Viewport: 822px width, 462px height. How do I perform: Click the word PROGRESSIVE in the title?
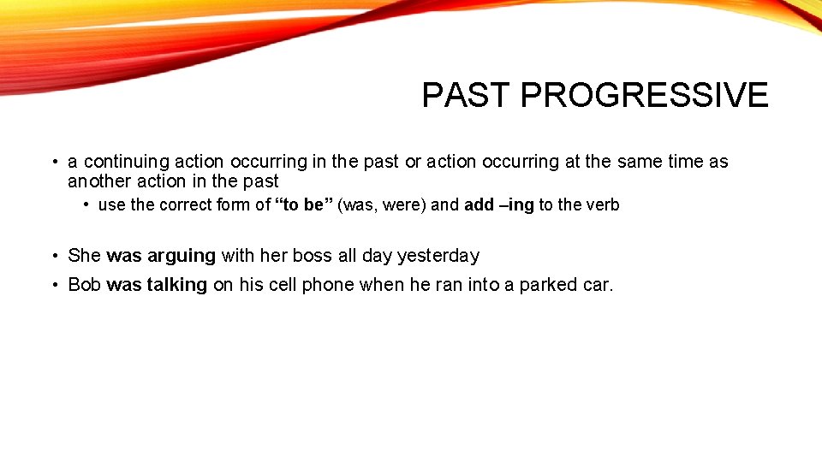(644, 95)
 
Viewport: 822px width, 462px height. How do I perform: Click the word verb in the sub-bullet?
(603, 205)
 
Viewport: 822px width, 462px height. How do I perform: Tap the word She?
(85, 256)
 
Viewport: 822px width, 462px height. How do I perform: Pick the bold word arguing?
(182, 256)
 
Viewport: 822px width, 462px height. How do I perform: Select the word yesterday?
(438, 256)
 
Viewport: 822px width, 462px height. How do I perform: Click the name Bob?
(85, 285)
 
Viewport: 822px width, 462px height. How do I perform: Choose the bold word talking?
(176, 285)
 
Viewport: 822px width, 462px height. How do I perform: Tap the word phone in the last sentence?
(330, 285)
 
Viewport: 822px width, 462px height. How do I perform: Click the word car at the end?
(598, 285)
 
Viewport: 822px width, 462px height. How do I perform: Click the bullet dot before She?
(54, 256)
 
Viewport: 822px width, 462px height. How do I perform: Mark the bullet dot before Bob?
(54, 285)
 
